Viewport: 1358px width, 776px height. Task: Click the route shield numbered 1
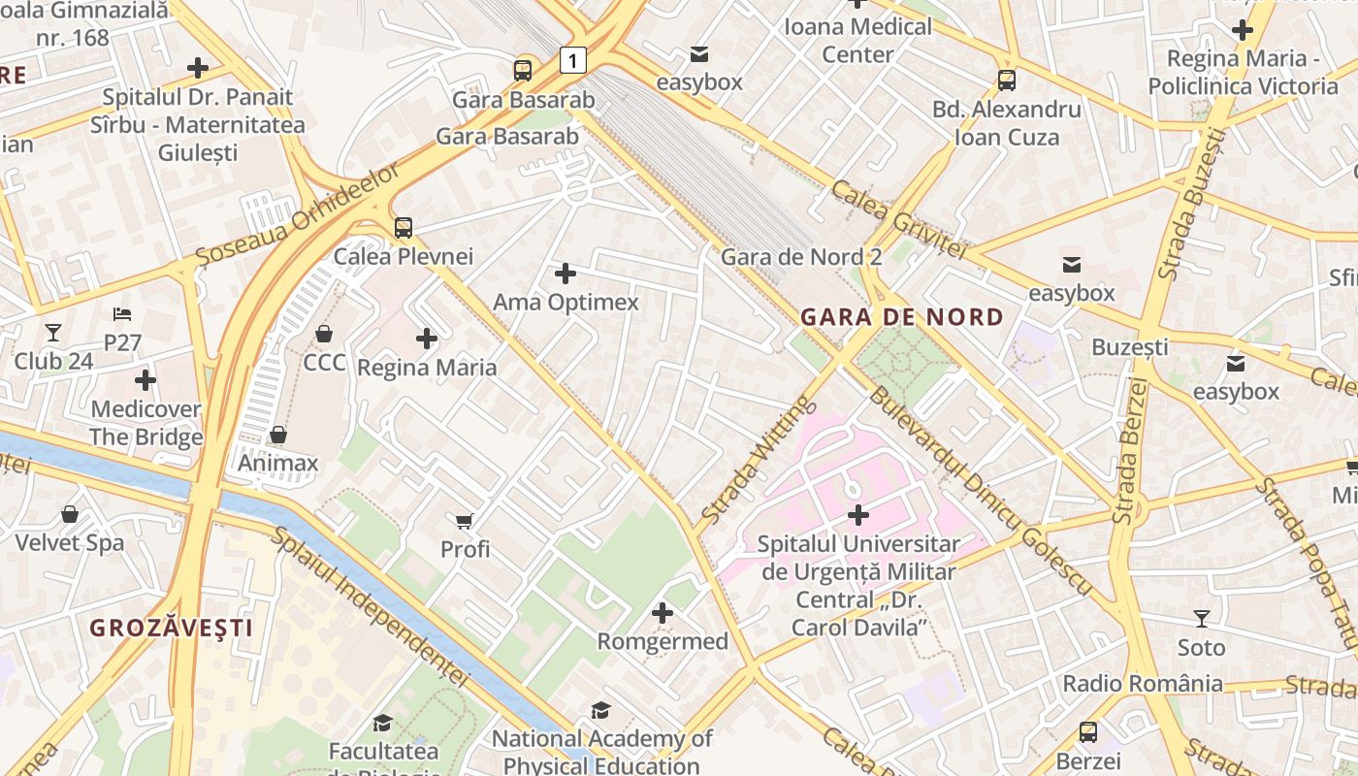click(573, 61)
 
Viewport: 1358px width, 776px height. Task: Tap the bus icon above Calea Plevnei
click(403, 228)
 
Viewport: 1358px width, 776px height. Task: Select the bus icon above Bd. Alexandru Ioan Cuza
click(1007, 81)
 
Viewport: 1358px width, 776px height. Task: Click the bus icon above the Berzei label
click(1088, 732)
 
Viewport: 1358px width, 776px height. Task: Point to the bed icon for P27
click(122, 314)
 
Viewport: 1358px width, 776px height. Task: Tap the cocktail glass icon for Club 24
click(53, 333)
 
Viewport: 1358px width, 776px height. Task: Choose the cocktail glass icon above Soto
click(1201, 618)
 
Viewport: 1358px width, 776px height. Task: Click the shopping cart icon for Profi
click(465, 521)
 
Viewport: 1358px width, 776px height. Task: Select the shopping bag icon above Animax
click(278, 435)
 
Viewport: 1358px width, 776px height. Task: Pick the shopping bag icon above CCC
click(324, 334)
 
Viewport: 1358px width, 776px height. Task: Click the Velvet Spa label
click(69, 542)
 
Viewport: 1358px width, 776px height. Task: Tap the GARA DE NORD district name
click(901, 317)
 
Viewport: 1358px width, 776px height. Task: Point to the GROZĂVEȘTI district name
click(172, 628)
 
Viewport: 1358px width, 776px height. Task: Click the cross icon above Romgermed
click(663, 613)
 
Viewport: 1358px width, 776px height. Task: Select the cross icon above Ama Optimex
click(566, 274)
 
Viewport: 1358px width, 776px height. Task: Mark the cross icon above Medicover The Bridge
click(145, 380)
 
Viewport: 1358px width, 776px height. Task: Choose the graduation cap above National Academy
click(601, 710)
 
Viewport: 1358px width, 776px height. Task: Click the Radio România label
click(1143, 683)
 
